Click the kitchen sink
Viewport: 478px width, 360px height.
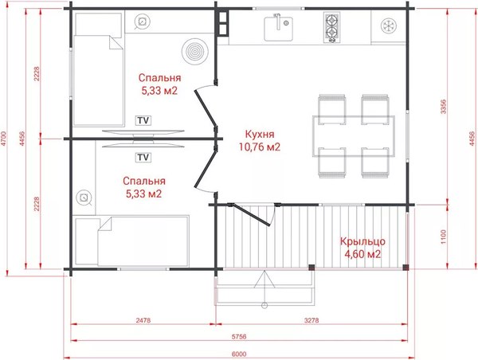tap(278, 29)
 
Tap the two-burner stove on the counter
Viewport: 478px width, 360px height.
tap(331, 27)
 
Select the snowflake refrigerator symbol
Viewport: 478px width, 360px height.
tap(389, 25)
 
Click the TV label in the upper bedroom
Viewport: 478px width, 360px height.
tap(143, 120)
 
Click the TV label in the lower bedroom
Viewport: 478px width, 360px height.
tap(143, 157)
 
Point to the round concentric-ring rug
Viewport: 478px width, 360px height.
tap(195, 51)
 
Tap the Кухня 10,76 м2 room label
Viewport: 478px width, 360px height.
tap(260, 140)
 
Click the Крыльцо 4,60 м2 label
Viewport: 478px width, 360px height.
tap(362, 248)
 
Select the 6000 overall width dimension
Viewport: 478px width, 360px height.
tap(239, 354)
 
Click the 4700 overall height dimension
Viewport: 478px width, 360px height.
tap(3, 139)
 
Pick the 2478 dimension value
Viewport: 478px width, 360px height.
tap(143, 320)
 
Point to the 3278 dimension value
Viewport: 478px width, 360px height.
tap(311, 320)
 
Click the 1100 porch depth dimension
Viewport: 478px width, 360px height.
tap(443, 237)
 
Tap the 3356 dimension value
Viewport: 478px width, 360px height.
tap(443, 107)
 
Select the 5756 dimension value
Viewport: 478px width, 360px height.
tap(239, 337)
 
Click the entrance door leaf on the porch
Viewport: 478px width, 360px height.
tap(251, 215)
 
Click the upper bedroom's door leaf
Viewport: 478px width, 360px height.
tap(206, 108)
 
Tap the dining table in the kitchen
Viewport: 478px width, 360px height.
tap(354, 136)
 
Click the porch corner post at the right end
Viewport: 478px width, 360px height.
tap(406, 268)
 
